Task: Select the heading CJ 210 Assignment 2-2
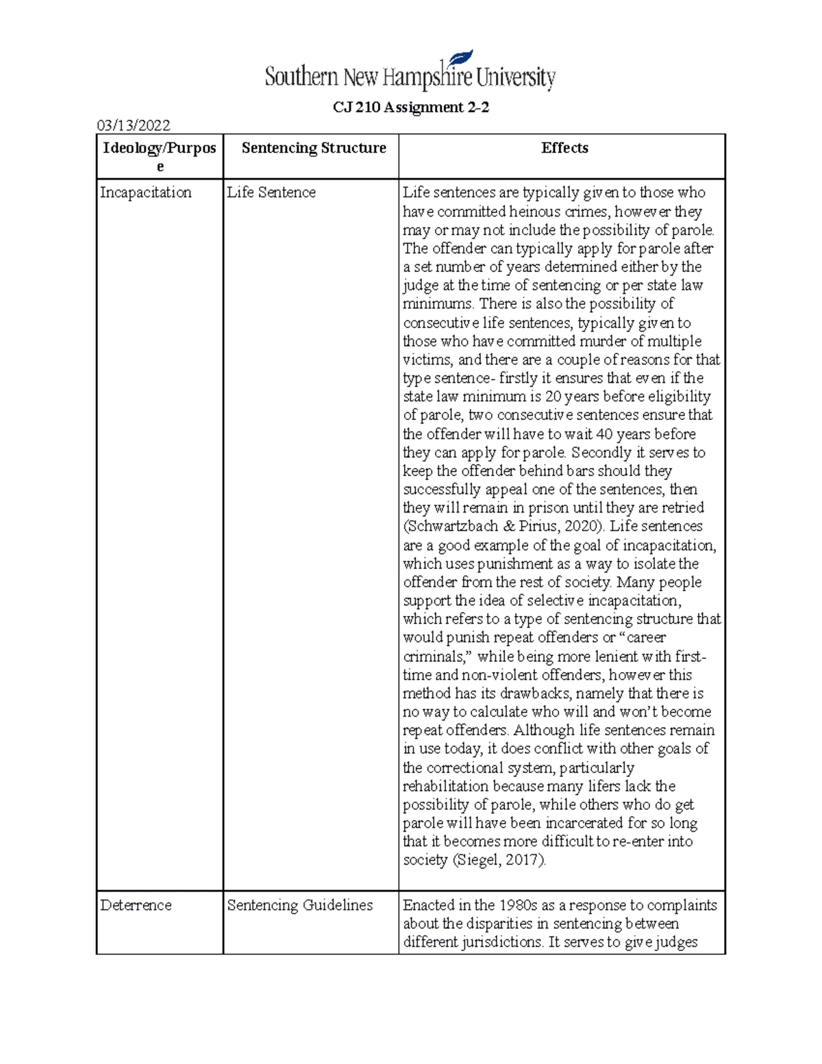coord(411,108)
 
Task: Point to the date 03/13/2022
coord(134,125)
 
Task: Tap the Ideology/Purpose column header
coord(160,157)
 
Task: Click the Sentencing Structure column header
coord(314,148)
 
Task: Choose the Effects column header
coord(564,148)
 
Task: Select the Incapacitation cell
coord(146,193)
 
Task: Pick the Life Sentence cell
coord(271,193)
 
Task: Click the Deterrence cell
coord(136,905)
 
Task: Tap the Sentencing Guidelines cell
coord(300,905)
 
